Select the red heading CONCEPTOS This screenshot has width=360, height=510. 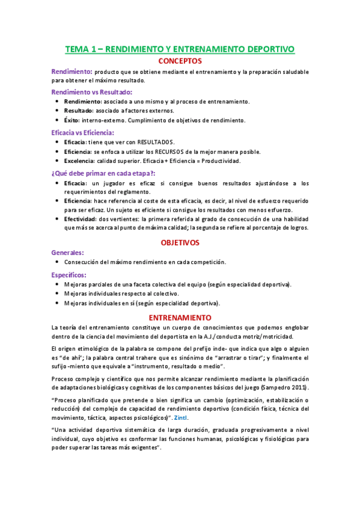point(180,61)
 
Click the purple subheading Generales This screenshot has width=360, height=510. point(68,253)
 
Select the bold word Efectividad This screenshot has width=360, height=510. point(82,219)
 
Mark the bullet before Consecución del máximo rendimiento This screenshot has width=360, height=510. point(56,263)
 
